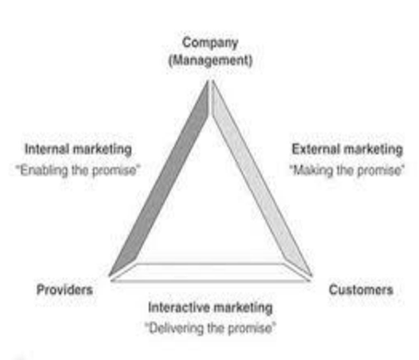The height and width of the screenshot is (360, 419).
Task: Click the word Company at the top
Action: point(211,42)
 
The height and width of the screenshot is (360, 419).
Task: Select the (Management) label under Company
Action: point(211,60)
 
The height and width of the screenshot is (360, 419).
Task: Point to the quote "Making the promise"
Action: point(346,168)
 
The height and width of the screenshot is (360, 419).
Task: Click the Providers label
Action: point(64,289)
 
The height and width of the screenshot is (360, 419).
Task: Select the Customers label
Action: point(361,289)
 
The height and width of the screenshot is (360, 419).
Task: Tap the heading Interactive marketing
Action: point(211,306)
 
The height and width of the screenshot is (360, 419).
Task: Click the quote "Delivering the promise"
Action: point(211,327)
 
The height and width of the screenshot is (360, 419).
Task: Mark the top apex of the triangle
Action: point(211,81)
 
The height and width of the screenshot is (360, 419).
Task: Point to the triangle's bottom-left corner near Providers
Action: point(110,274)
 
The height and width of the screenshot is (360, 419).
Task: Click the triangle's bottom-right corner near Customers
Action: point(311,274)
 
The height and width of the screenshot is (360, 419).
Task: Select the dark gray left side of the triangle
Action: point(159,180)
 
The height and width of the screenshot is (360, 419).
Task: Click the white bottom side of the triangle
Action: point(211,271)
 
